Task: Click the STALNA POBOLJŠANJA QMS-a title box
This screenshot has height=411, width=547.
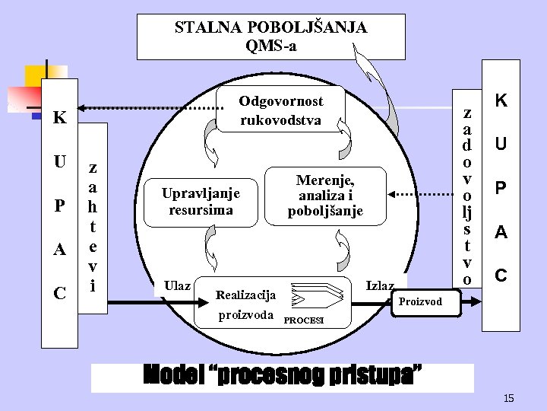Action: point(270,37)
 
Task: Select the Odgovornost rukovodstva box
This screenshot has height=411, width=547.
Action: point(281,110)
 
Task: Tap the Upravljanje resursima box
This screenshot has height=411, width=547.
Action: point(201,201)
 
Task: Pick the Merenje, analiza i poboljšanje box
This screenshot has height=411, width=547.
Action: point(325,196)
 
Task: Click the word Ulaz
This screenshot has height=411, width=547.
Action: point(177,285)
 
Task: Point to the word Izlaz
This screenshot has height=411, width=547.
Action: point(380,285)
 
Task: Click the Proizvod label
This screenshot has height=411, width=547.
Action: point(420,301)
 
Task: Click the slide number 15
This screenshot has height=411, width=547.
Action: point(508,399)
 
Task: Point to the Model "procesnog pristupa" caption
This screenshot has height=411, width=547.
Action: point(282,377)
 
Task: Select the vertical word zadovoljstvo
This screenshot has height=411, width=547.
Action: point(467,196)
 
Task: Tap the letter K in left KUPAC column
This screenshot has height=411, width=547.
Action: point(59,119)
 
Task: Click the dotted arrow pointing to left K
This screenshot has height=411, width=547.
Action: point(148,107)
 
